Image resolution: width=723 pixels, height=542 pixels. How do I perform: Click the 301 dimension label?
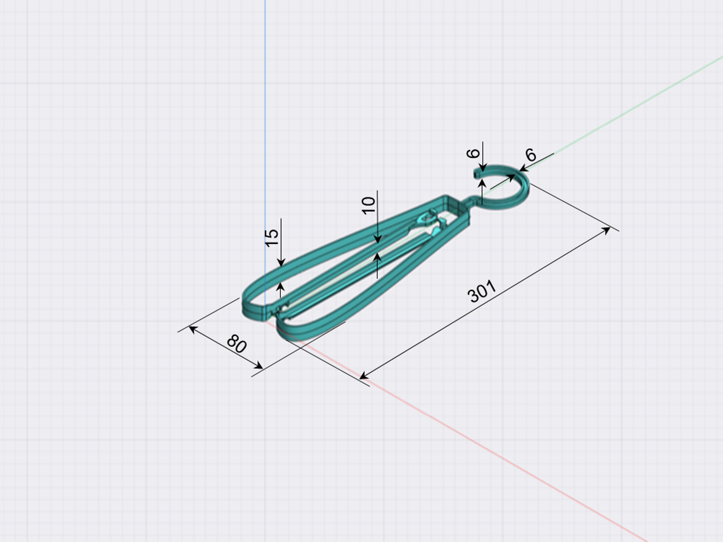482,291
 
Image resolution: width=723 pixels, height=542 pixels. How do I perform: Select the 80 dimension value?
237,343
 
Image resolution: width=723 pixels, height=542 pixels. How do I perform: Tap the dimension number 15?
272,238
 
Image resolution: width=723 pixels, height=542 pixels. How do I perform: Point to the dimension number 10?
369,205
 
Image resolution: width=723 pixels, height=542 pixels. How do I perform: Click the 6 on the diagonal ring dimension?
530,155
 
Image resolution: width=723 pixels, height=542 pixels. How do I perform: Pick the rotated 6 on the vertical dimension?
473,153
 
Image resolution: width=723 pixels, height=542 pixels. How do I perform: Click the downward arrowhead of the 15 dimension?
281,263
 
